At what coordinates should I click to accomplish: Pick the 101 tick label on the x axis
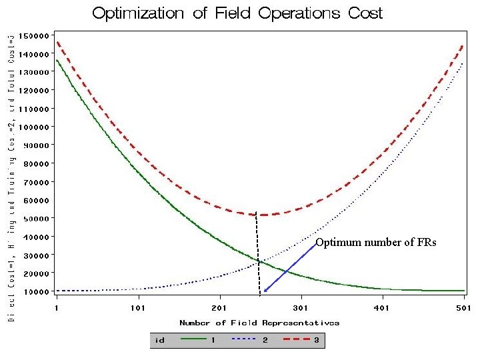(138, 308)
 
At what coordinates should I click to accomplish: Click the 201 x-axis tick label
(219, 308)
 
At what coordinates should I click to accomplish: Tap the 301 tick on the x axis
(301, 308)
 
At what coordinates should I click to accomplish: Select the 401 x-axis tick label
(383, 308)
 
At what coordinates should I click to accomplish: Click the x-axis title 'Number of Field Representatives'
(259, 323)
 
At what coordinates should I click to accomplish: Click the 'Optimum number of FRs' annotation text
(376, 243)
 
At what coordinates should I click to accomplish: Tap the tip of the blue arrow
(264, 292)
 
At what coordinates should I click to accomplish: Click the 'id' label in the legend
(160, 339)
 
